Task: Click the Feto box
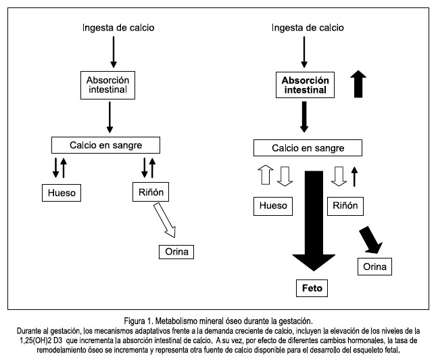click(x=312, y=288)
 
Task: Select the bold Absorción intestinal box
click(x=305, y=85)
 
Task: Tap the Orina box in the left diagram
click(x=176, y=252)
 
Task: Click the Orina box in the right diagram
click(x=374, y=267)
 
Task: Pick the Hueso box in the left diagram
click(x=62, y=193)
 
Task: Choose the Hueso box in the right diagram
click(x=273, y=206)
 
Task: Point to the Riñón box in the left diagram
click(x=151, y=192)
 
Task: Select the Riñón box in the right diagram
click(x=345, y=206)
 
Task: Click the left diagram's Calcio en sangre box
click(x=105, y=145)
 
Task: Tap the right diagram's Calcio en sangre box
click(x=308, y=148)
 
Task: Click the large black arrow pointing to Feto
click(x=314, y=221)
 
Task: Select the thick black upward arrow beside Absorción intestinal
click(x=358, y=84)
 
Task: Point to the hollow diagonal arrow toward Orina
click(x=165, y=220)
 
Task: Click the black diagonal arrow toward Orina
click(x=371, y=240)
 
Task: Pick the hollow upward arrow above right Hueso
click(x=266, y=175)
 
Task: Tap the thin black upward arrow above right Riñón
click(x=354, y=177)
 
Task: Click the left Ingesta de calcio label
click(x=118, y=28)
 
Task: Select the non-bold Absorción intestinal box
click(x=107, y=85)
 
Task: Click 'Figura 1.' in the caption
click(x=139, y=321)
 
